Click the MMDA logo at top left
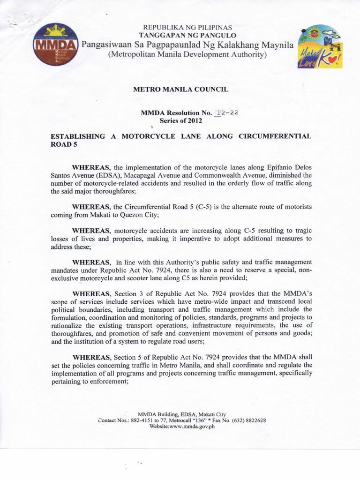click(x=54, y=45)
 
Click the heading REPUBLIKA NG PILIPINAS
click(x=187, y=28)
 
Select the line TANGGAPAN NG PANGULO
click(x=187, y=36)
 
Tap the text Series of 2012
click(x=181, y=121)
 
